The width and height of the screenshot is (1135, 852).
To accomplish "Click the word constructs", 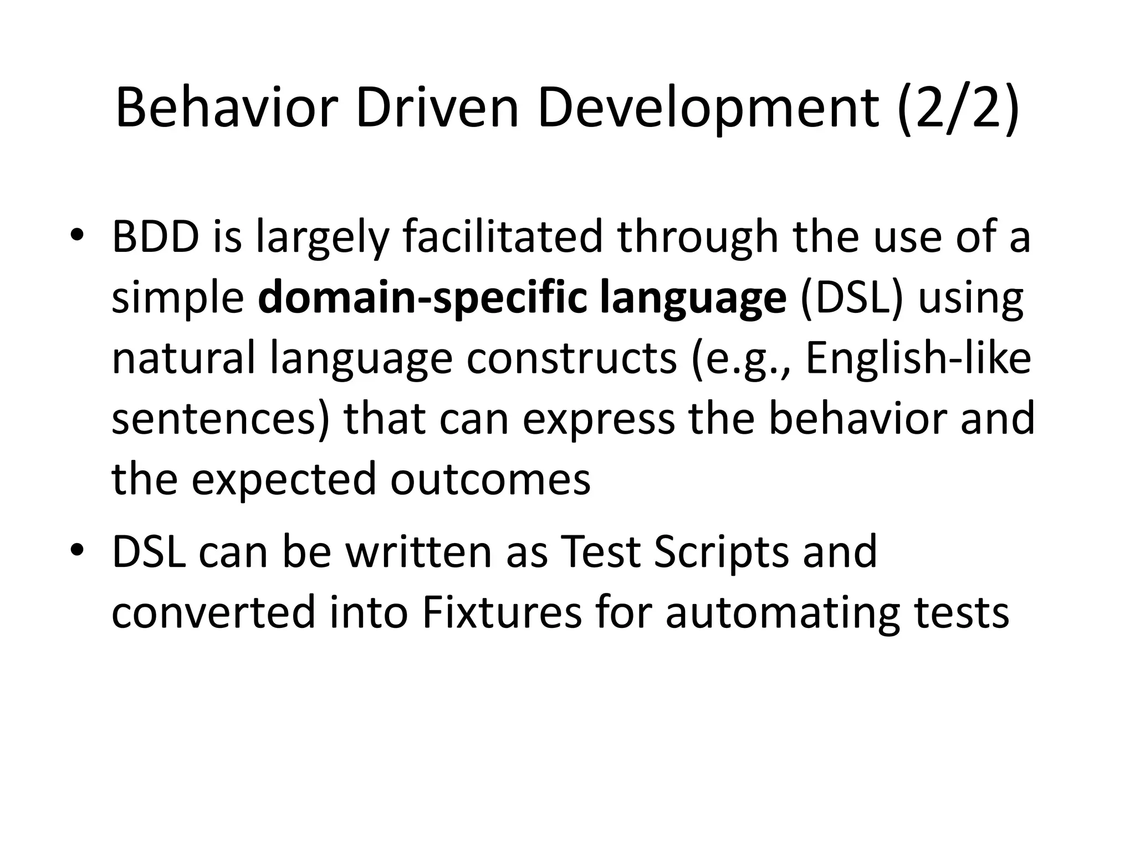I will [571, 358].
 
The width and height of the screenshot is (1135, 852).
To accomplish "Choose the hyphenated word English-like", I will [918, 358].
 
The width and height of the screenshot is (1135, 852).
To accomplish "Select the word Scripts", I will [721, 553].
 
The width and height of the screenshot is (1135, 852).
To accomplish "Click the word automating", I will [782, 615].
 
